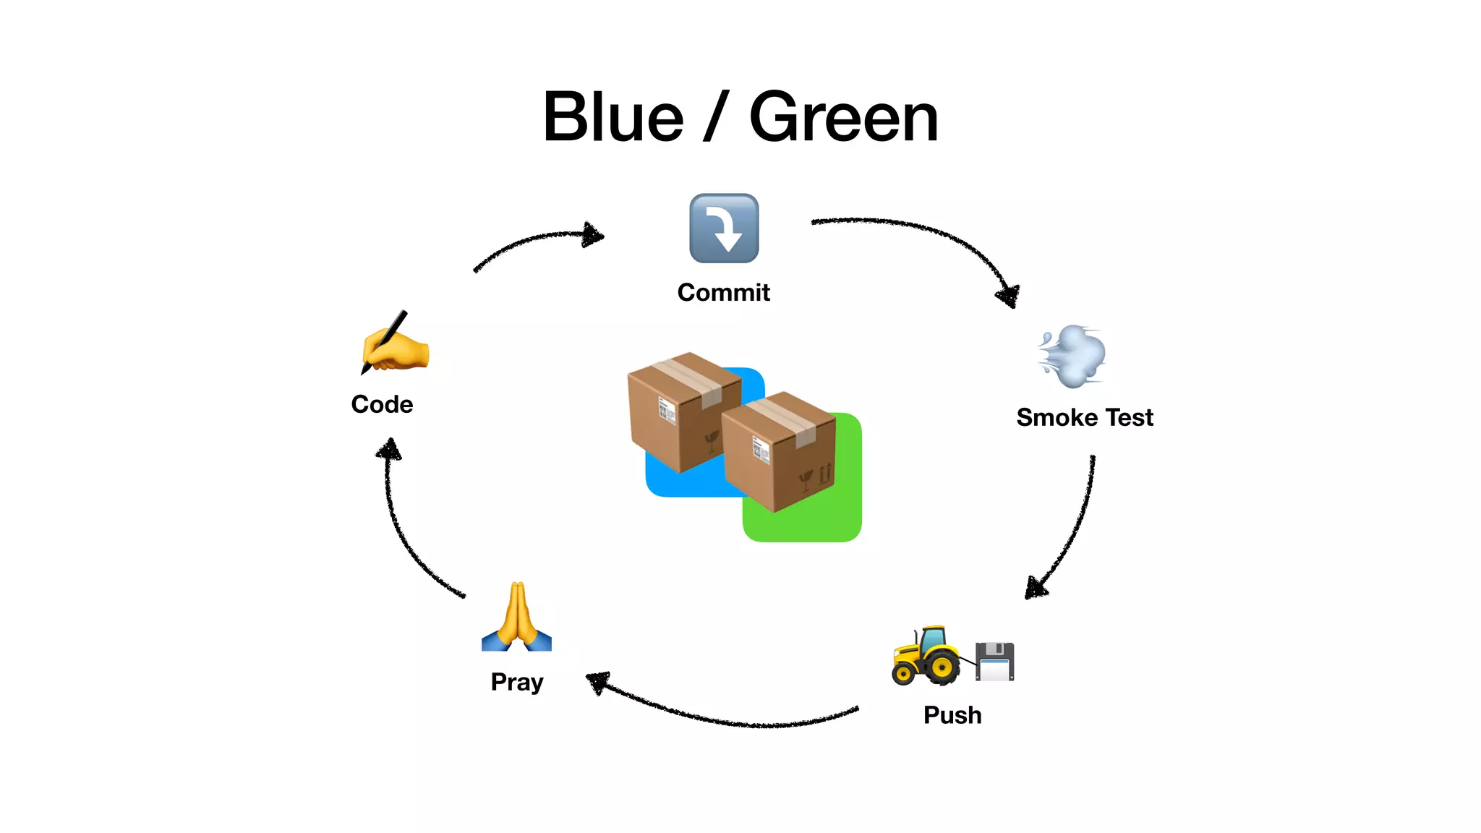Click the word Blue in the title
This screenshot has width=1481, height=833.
(613, 117)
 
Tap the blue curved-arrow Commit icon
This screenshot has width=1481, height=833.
(724, 228)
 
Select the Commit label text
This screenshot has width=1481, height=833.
(723, 292)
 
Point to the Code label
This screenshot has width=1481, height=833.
(382, 404)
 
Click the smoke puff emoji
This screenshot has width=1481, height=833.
(1072, 356)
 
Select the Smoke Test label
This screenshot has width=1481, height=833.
(1084, 417)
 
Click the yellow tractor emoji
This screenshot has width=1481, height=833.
(926, 657)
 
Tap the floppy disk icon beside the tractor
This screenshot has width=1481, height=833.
(995, 661)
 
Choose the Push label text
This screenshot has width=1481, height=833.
(952, 715)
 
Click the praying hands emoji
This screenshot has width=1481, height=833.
(516, 618)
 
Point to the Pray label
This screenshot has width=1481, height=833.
(516, 682)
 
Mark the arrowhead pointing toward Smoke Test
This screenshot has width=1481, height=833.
(1010, 295)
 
